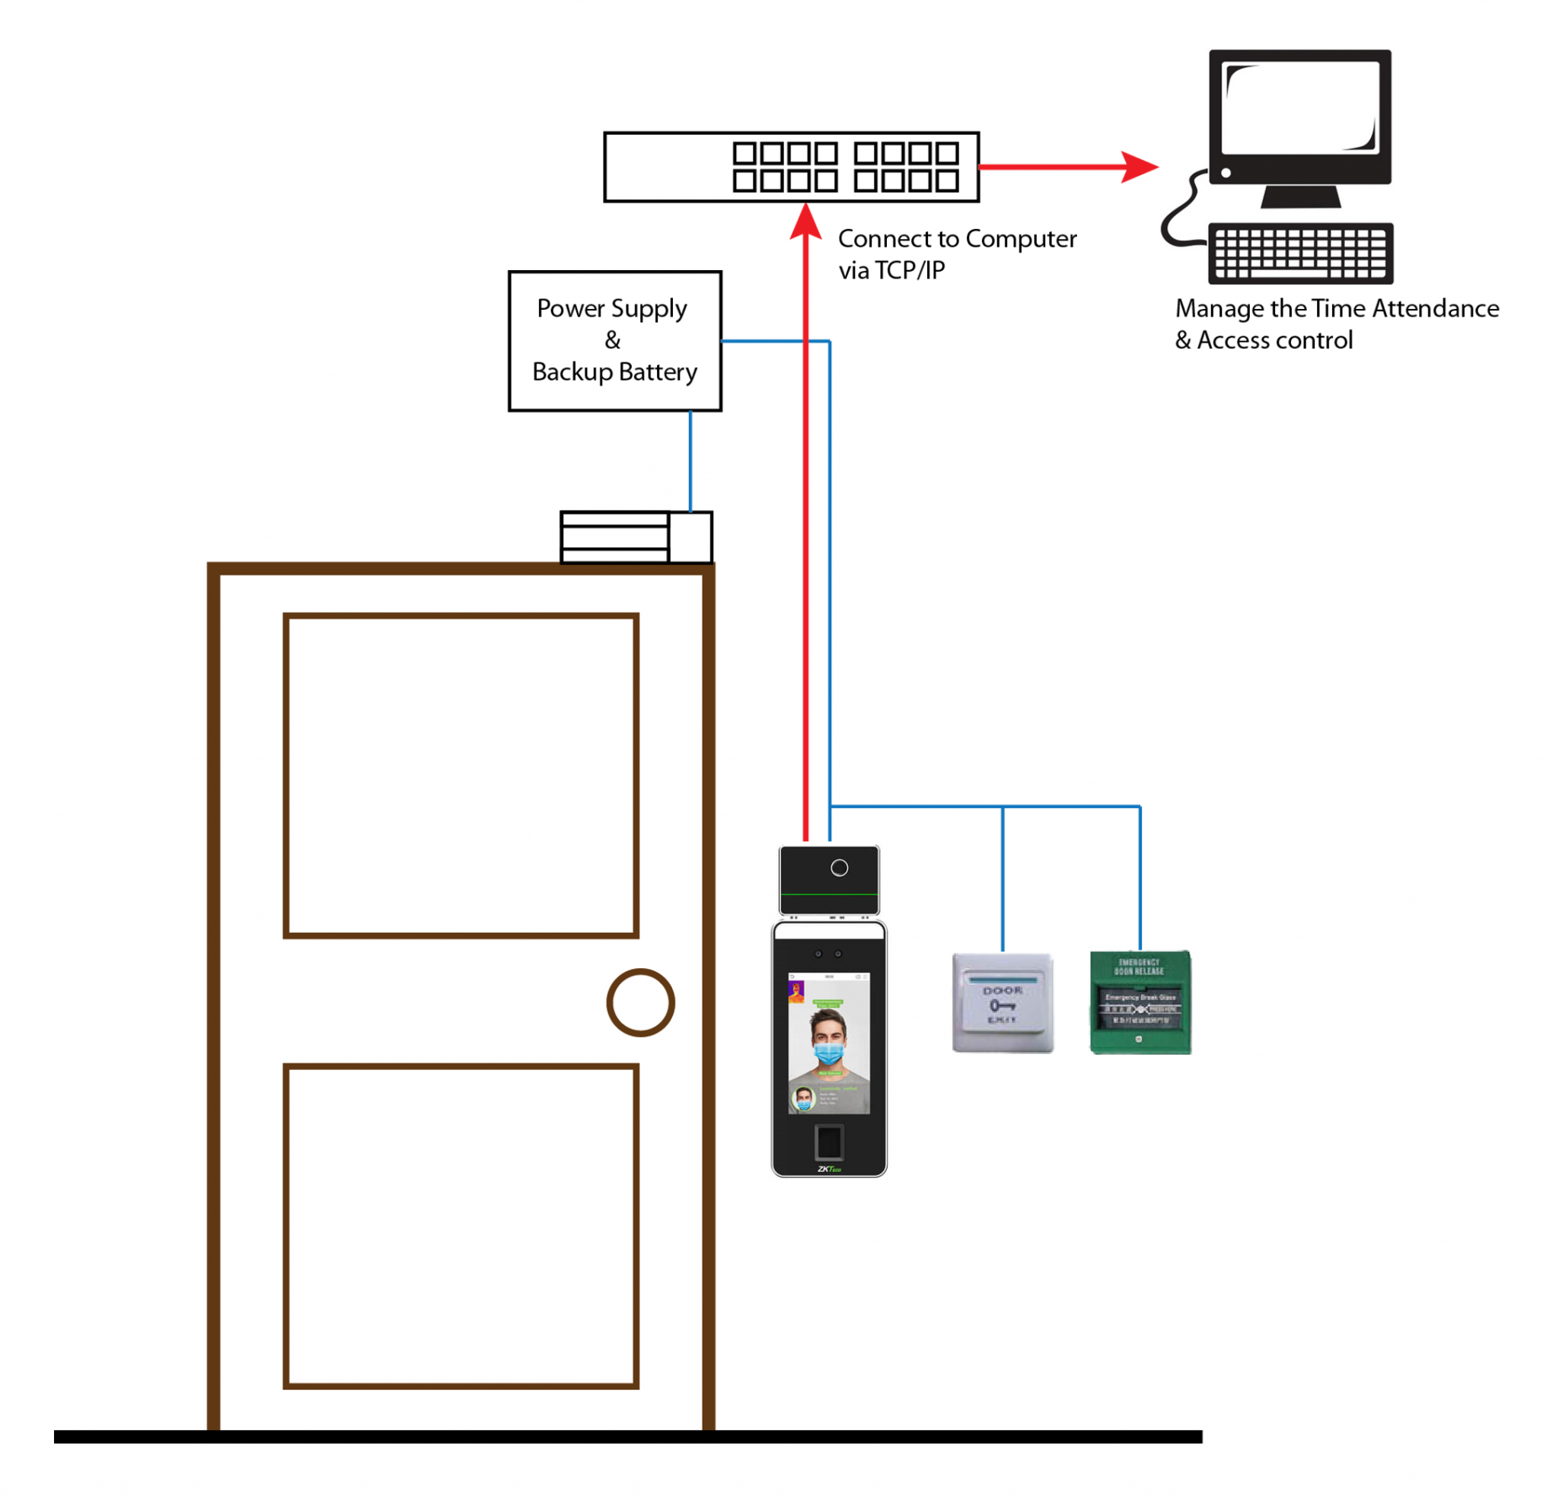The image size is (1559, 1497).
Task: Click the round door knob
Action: [640, 1002]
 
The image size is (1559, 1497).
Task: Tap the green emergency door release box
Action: [1140, 1002]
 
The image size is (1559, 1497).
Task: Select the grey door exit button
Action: [1003, 1002]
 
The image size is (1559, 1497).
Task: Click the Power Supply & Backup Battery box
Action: [614, 340]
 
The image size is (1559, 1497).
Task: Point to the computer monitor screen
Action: [1299, 108]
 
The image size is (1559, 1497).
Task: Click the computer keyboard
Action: [1299, 253]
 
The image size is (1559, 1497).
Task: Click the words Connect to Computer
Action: [957, 239]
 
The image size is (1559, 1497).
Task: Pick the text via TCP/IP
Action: [891, 270]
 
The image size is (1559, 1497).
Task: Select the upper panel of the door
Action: [461, 776]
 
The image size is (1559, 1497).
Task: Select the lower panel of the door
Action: [461, 1226]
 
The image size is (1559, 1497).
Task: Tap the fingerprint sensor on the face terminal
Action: [829, 1143]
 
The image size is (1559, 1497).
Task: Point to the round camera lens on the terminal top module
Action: [839, 868]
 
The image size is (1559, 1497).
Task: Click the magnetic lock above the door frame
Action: [636, 538]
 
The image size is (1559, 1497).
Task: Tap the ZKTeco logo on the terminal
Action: [829, 1168]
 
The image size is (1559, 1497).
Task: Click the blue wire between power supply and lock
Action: [690, 461]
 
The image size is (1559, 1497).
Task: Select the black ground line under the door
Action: [628, 1437]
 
